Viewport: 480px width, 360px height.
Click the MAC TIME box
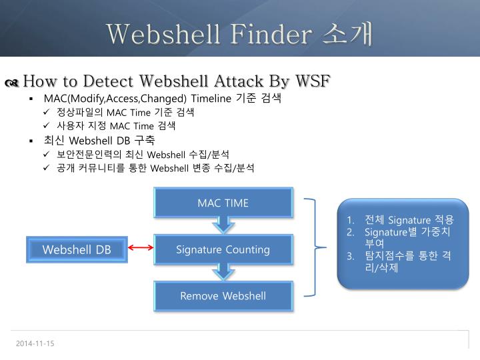(223, 203)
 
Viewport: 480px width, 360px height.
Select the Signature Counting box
(223, 249)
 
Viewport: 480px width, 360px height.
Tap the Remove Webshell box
(223, 295)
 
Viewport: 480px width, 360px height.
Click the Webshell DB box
(77, 249)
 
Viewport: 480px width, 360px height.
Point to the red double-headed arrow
(141, 249)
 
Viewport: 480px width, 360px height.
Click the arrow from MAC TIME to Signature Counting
(224, 225)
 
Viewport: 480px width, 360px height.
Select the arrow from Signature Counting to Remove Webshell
(224, 272)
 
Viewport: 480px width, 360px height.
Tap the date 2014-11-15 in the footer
(35, 343)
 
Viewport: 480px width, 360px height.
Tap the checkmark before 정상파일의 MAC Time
(47, 112)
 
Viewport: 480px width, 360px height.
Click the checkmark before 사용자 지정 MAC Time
(47, 125)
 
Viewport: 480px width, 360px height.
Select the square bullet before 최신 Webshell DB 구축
(31, 141)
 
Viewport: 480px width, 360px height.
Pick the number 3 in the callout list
(350, 256)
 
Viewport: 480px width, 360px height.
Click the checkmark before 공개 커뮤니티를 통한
(47, 168)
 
